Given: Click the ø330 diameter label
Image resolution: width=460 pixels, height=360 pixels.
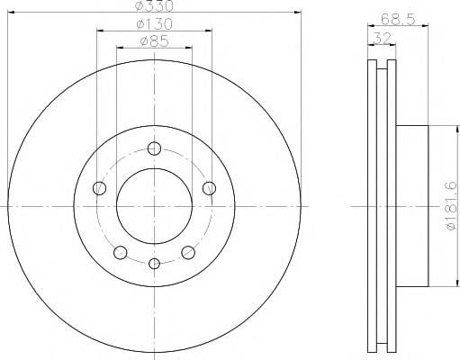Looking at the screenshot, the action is click(154, 6).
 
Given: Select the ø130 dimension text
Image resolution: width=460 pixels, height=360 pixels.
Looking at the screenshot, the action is click(155, 24).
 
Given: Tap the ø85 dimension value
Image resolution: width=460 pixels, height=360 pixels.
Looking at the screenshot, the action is click(155, 41).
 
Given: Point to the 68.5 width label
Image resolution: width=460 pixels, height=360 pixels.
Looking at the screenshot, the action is click(398, 20).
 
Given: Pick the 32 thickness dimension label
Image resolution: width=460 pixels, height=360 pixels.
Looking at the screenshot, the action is click(383, 39).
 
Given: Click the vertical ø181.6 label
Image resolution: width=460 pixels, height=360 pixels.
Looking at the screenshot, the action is click(452, 206).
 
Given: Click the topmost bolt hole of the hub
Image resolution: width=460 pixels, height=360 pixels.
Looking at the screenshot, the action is click(154, 148).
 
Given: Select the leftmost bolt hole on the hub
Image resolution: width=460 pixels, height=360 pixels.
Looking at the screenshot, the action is click(99, 188).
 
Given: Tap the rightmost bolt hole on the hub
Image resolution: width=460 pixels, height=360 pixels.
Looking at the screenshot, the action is click(209, 188).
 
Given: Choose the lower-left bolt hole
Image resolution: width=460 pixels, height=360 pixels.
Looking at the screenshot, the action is click(121, 252).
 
